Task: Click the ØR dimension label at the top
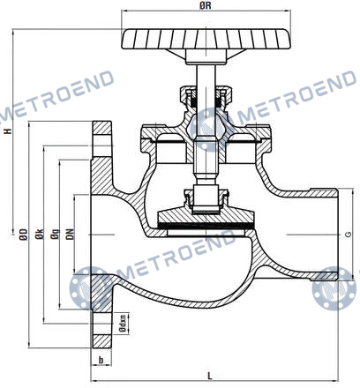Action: [206, 5]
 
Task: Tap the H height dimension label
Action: [9, 131]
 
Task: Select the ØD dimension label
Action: [24, 235]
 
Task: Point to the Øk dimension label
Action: [40, 235]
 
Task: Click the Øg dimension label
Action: [55, 235]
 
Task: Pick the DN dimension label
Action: [70, 235]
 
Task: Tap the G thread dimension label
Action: [349, 235]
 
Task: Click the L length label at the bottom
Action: [210, 376]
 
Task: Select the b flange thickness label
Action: [101, 360]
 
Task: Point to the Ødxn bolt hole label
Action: [124, 324]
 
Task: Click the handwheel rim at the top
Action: [206, 39]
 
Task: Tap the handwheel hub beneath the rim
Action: [206, 56]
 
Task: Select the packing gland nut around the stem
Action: [206, 96]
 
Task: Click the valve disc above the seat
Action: [206, 217]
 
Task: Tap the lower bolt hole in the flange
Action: [101, 324]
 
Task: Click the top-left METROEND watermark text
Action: [56, 94]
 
